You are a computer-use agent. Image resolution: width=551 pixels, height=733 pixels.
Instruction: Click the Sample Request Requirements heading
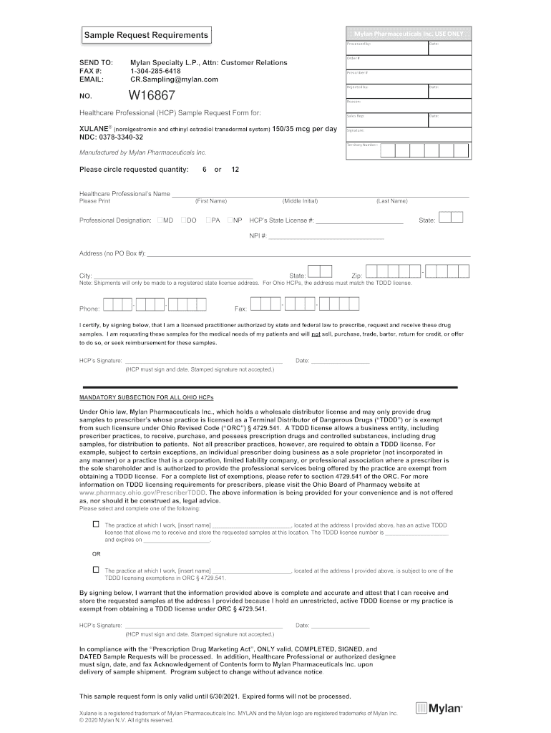tap(146, 35)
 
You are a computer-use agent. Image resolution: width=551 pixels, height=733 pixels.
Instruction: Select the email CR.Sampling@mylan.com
tap(174, 79)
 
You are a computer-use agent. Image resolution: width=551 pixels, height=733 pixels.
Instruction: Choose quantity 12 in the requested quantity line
tap(235, 170)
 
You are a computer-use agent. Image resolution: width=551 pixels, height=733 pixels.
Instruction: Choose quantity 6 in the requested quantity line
tap(205, 170)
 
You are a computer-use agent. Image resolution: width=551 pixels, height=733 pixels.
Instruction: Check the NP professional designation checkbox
tap(230, 220)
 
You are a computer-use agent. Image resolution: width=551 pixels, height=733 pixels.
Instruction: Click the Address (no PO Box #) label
tap(112, 253)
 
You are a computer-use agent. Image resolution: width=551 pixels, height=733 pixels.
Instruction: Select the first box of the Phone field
tap(108, 305)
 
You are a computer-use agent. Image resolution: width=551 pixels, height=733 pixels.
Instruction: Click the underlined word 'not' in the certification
tap(316, 334)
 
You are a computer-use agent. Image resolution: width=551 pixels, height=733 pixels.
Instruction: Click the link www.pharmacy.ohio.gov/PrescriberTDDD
tap(142, 493)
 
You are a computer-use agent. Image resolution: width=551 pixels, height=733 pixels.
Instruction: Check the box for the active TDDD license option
tap(96, 525)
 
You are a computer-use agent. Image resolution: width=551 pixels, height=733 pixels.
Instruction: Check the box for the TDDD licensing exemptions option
tap(96, 570)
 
